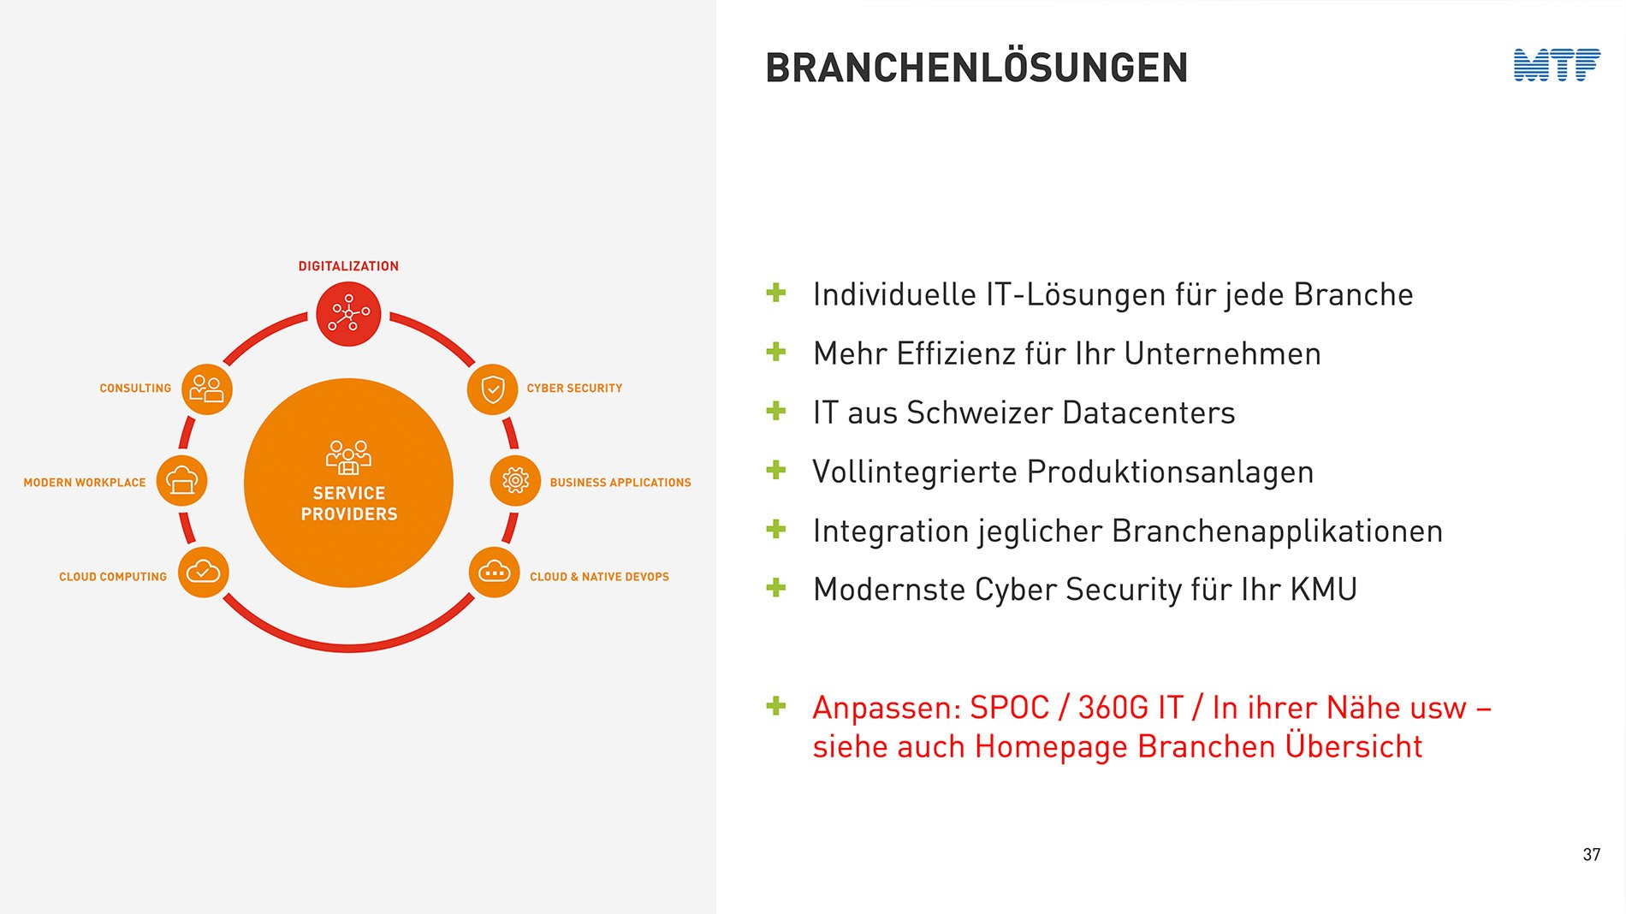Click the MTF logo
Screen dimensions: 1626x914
[1557, 65]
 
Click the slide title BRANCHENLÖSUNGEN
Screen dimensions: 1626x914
[976, 68]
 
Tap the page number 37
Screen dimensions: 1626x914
[1591, 854]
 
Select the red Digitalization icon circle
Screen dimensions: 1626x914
[348, 314]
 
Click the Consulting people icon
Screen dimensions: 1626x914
[207, 389]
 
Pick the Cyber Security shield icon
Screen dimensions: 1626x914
[492, 389]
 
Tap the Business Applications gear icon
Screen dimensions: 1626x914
[515, 481]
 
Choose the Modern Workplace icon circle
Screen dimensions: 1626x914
[182, 481]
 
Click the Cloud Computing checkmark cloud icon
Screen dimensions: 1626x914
[204, 572]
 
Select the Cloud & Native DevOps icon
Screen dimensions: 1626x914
[495, 572]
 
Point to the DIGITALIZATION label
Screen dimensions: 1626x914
[348, 266]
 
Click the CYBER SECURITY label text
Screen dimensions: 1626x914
[574, 389]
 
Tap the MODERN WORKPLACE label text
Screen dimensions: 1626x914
[85, 483]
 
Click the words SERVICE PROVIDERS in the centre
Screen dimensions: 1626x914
[349, 503]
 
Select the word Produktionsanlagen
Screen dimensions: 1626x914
[1170, 472]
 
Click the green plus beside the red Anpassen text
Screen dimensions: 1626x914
[776, 706]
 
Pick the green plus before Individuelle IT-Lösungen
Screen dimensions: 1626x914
[776, 293]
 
